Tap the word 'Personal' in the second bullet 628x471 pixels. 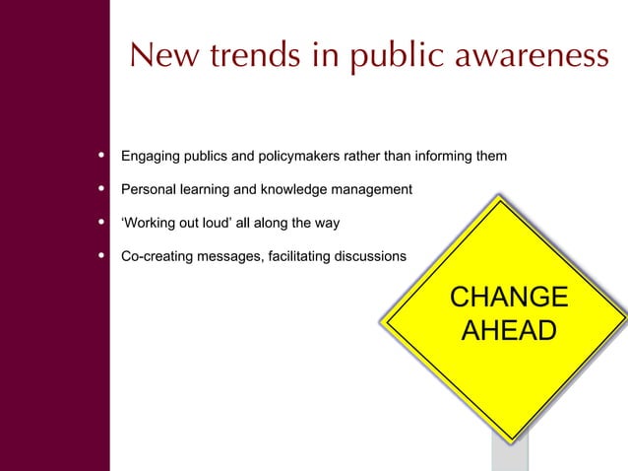(149, 189)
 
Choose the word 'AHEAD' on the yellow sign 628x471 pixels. (508, 331)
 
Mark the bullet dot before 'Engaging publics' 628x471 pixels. (102, 156)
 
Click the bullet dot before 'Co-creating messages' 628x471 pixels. (102, 256)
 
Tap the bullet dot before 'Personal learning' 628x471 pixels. (102, 188)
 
